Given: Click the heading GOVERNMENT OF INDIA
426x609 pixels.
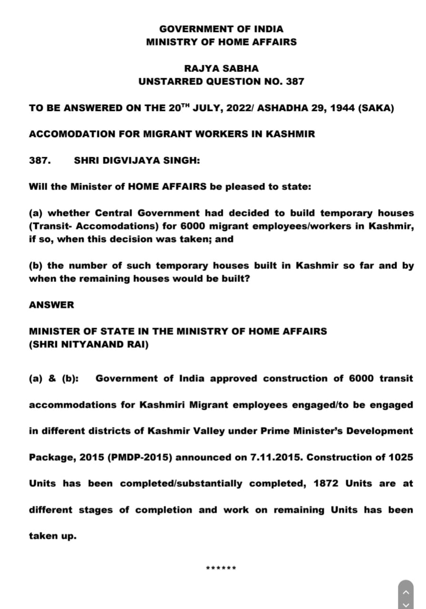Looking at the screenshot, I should (x=221, y=29).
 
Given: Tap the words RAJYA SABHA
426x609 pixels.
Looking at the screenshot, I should (x=221, y=69).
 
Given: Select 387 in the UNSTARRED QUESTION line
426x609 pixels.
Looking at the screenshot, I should (x=295, y=81).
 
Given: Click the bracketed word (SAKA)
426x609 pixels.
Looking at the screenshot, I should (x=376, y=108).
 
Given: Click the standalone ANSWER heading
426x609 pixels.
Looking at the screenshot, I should (x=51, y=305).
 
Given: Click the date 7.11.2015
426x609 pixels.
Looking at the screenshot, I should (x=276, y=457).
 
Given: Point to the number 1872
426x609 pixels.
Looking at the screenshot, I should (x=326, y=483).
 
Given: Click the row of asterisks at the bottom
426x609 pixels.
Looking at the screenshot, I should (x=221, y=568).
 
